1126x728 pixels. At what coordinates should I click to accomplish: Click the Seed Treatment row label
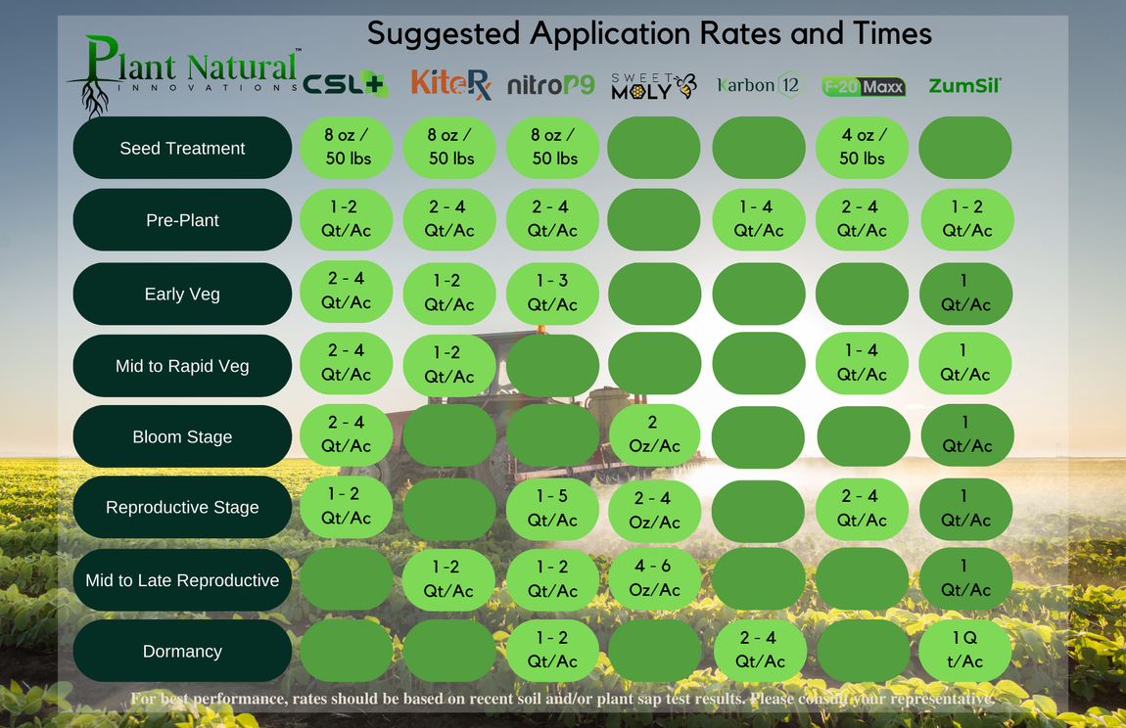pos(182,148)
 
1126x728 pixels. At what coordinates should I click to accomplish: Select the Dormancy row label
pos(182,651)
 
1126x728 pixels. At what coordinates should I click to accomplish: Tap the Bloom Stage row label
pos(182,436)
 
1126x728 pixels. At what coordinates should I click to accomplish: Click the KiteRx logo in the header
pos(451,85)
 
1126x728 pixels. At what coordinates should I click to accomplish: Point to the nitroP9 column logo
pos(551,85)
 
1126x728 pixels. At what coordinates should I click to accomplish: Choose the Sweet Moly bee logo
pos(654,86)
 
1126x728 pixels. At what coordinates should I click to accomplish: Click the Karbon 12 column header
pos(759,85)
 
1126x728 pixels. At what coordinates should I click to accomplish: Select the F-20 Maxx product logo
pos(864,87)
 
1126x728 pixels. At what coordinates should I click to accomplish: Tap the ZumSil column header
pos(964,86)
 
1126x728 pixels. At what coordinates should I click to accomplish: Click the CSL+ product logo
pos(346,84)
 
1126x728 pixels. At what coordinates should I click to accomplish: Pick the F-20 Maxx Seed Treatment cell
pos(862,147)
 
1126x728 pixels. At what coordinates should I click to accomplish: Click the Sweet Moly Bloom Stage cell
pos(654,435)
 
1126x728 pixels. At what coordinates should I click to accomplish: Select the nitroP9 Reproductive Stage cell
pos(552,508)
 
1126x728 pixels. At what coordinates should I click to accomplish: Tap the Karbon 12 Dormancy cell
pos(760,651)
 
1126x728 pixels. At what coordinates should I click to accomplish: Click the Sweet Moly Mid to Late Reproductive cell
pos(654,578)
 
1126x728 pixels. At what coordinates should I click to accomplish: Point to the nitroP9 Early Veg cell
pos(552,293)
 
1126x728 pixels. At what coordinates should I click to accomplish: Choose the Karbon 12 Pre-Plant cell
pos(758,220)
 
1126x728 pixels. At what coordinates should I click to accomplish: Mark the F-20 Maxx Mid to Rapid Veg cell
pos(862,363)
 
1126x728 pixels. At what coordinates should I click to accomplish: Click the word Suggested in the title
pos(444,34)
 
